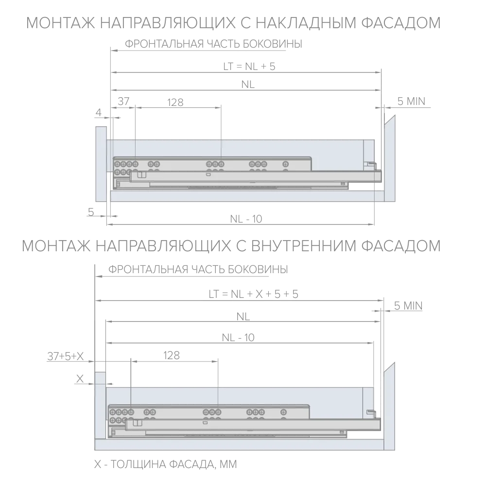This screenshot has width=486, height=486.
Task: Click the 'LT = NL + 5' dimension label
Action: [x=249, y=66]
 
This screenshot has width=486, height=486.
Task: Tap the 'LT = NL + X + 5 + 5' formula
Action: [x=254, y=294]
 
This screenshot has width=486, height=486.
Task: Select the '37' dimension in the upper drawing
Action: [x=123, y=101]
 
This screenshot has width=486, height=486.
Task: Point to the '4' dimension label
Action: [x=99, y=112]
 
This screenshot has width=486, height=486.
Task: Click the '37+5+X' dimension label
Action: [x=66, y=356]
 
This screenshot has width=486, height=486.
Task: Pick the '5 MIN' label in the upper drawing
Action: [x=411, y=102]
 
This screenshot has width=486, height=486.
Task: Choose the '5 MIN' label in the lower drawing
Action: [x=408, y=306]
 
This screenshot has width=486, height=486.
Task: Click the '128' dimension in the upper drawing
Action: [x=175, y=102]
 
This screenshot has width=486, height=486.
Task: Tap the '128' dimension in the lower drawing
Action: [x=172, y=355]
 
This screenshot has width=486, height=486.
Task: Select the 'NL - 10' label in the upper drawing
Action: [x=246, y=219]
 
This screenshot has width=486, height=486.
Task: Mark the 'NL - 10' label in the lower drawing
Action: [x=238, y=337]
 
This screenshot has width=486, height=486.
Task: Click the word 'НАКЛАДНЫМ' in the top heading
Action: [x=306, y=23]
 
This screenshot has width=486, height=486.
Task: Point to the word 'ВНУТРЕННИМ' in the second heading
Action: [x=304, y=246]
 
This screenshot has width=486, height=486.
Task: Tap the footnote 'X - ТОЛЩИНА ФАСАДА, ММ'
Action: [x=166, y=464]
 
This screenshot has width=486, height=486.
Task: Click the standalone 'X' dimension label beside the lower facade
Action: [x=80, y=379]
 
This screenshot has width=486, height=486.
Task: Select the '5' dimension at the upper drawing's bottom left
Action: [x=91, y=212]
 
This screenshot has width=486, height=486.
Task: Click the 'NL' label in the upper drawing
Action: [x=248, y=84]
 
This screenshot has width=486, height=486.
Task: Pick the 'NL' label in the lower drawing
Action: [x=243, y=316]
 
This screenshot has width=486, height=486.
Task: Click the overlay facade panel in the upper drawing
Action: [x=101, y=164]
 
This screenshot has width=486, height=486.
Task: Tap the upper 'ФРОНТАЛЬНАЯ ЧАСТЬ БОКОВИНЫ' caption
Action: [x=213, y=44]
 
